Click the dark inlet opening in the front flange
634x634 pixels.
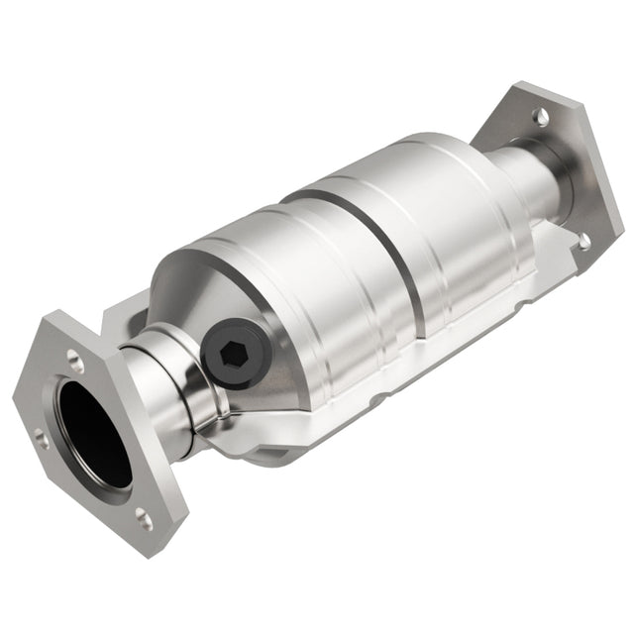[x=93, y=431]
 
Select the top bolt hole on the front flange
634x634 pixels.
[x=74, y=349]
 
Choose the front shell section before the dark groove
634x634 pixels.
[x=297, y=277]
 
